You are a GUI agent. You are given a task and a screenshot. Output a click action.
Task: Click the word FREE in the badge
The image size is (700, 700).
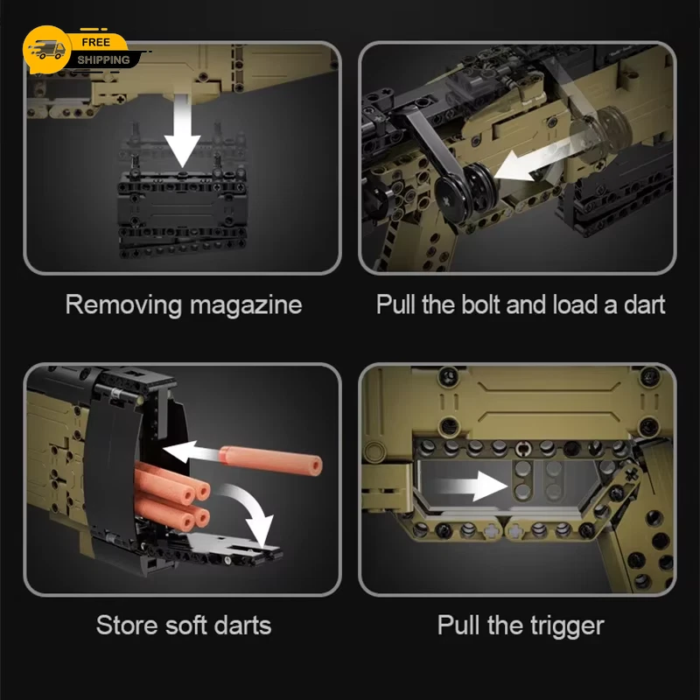(95, 42)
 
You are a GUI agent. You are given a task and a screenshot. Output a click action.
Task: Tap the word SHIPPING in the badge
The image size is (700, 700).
(103, 59)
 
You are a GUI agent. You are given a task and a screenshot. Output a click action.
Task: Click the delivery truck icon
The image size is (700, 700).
(46, 50)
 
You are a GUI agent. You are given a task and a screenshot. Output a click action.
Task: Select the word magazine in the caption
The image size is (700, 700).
(246, 305)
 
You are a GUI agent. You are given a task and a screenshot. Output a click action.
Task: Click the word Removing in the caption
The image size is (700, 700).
(123, 305)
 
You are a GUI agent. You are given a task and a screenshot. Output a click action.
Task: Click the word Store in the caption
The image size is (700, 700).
(127, 625)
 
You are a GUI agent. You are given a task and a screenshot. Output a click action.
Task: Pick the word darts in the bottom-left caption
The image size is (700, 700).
(242, 625)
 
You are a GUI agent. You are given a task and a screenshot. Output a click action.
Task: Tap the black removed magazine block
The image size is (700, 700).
(182, 214)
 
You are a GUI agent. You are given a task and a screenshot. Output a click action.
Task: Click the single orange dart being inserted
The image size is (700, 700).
(271, 460)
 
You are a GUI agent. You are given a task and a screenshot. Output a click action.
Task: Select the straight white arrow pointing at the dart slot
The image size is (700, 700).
(192, 451)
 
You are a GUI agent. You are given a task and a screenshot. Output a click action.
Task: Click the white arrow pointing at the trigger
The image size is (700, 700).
(474, 486)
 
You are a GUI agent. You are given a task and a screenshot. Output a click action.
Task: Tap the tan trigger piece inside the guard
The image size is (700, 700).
(522, 479)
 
